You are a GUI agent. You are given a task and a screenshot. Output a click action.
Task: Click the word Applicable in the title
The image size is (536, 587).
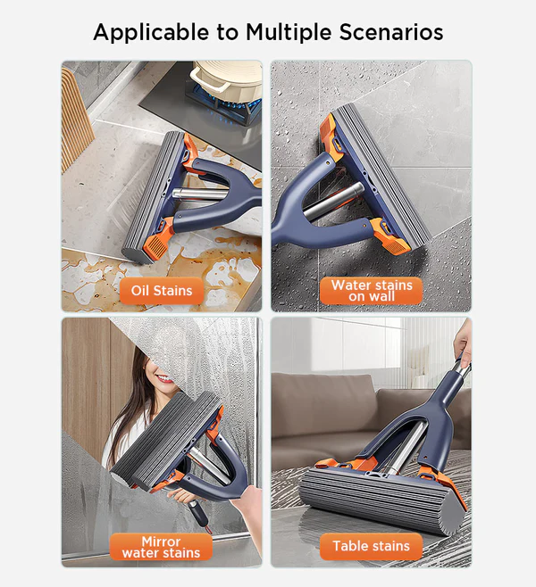151,33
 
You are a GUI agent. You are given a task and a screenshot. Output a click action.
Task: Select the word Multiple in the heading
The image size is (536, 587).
289,33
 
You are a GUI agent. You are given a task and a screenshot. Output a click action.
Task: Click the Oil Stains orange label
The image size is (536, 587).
162,291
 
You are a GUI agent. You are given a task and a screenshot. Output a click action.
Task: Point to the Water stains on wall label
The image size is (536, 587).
371,291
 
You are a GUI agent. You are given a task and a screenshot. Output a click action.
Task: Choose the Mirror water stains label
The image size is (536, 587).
161,547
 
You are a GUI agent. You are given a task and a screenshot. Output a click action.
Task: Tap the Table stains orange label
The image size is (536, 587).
371,546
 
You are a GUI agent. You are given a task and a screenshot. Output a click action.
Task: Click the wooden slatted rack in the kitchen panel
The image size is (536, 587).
75,120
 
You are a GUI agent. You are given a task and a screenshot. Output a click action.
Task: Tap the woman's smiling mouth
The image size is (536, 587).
165,379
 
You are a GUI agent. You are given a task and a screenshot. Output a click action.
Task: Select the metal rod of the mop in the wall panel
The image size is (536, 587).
332,202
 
